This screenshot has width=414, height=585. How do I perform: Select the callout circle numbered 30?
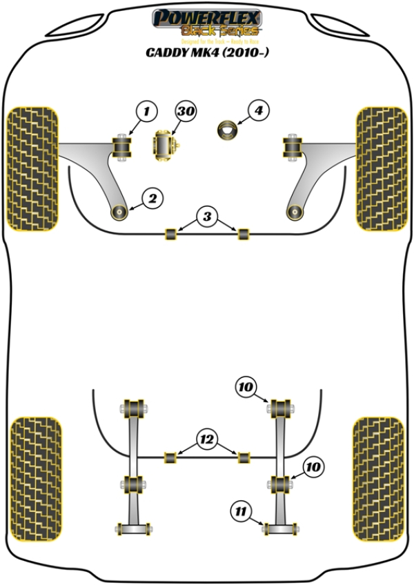[186, 110]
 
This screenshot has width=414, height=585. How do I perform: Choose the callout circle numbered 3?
[206, 217]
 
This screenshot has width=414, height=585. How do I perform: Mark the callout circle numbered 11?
[240, 511]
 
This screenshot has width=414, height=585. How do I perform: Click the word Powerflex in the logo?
[206, 17]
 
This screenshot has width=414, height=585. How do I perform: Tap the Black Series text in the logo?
[219, 30]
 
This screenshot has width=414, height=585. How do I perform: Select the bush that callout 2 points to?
[121, 211]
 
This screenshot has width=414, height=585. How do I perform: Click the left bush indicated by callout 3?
[170, 234]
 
